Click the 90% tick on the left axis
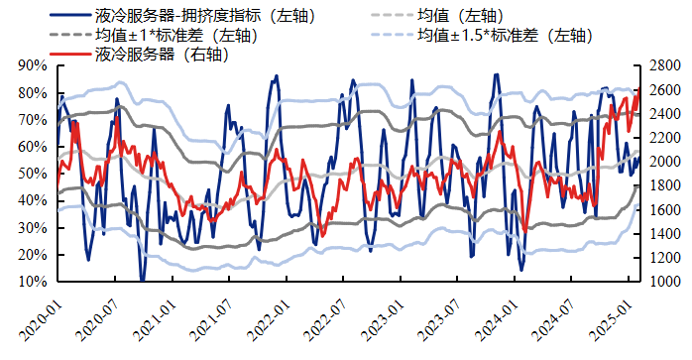33,65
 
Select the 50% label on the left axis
33,174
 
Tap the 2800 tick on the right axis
664,65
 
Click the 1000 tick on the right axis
664,282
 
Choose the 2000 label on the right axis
664,162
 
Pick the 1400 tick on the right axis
664,234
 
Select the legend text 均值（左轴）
465,16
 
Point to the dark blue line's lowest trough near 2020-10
142,280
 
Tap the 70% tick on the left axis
33,119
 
